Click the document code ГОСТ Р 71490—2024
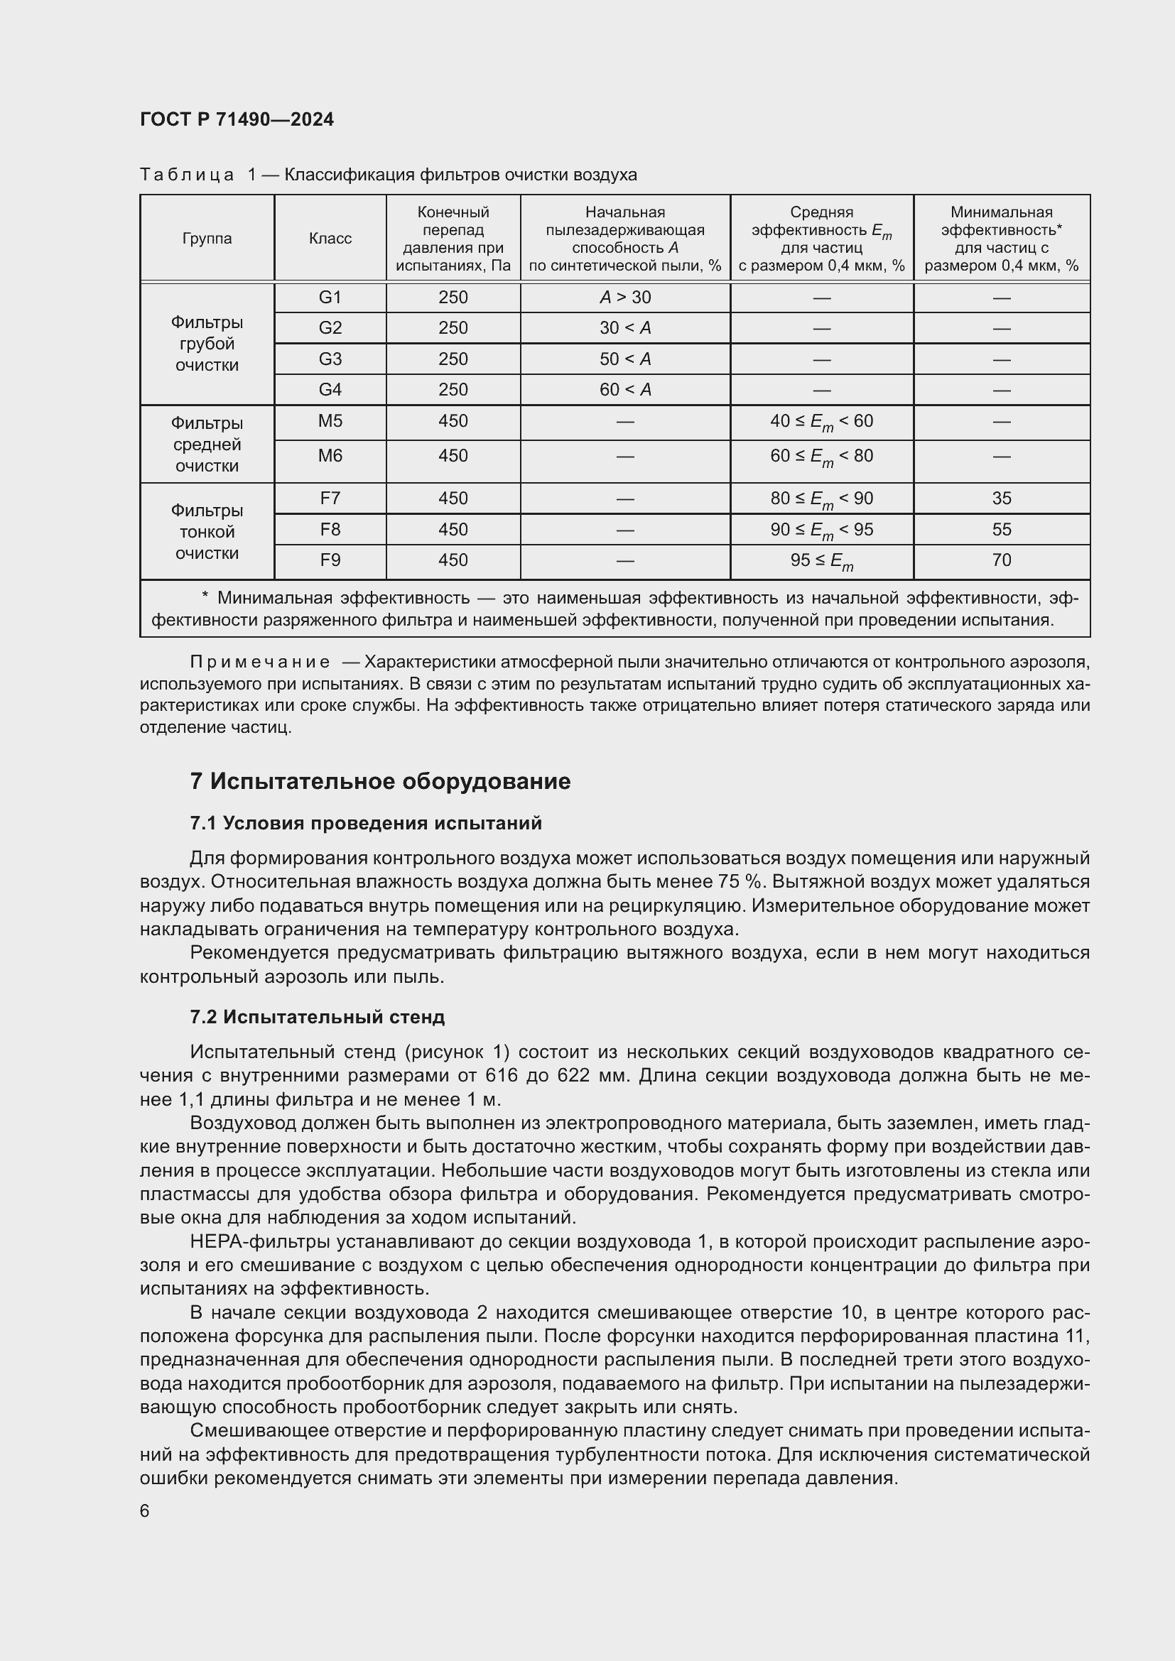[237, 119]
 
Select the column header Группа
[207, 239]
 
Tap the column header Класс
[330, 239]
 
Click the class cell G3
[330, 359]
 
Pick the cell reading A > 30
[625, 298]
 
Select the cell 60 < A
[625, 390]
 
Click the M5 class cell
[330, 421]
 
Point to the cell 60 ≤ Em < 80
[821, 457]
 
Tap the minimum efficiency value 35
[1002, 499]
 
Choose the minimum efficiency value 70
[1002, 560]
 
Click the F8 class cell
[330, 530]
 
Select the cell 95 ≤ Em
[821, 561]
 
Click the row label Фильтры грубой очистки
[207, 344]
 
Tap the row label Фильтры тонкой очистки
[207, 532]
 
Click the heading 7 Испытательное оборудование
[380, 781]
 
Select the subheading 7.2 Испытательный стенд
[317, 1017]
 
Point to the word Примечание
[260, 662]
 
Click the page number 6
[145, 1511]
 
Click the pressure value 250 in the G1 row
[453, 298]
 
